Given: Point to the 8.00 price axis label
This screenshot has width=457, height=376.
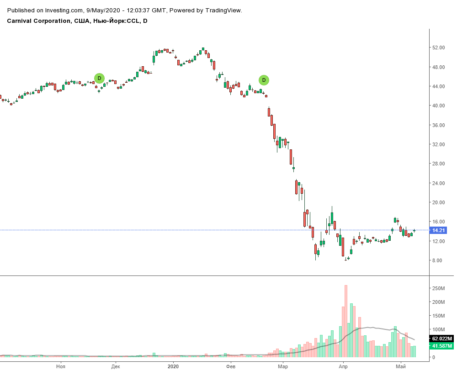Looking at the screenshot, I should click(438, 260).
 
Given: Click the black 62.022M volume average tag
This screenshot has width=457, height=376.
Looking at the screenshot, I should click(441, 339).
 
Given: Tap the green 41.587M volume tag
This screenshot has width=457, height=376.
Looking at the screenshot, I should click(441, 346).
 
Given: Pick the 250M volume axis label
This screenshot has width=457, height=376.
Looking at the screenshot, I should click(439, 288).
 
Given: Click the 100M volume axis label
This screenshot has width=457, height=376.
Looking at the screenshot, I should click(439, 329).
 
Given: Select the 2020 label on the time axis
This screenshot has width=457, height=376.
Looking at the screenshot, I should click(173, 366).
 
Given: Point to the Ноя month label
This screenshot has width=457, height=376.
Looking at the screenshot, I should click(60, 366).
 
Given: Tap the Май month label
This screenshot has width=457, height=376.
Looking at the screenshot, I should click(401, 366).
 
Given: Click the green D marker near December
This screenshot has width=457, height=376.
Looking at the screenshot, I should click(99, 78).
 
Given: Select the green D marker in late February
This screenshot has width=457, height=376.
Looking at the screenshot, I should click(264, 80).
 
